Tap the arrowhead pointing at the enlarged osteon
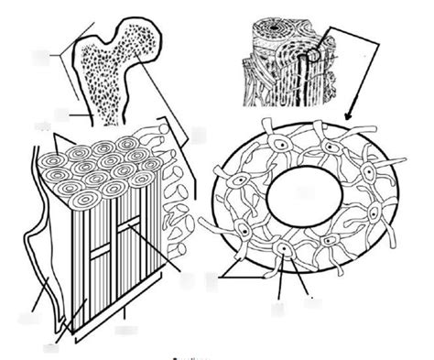(349, 114)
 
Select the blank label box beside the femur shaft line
(62, 115)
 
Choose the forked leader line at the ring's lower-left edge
(236, 275)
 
